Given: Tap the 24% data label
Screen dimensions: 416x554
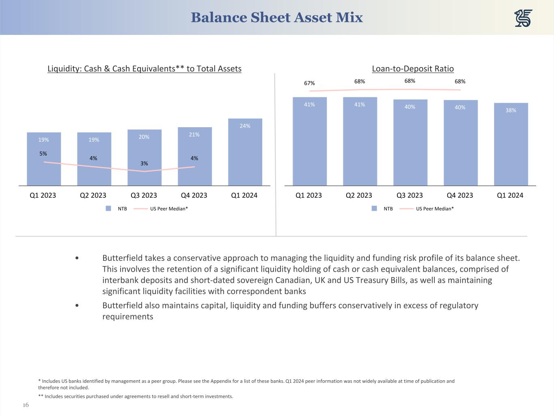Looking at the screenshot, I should click(x=245, y=126).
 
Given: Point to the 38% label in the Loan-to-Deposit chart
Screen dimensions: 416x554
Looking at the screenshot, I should click(x=511, y=110).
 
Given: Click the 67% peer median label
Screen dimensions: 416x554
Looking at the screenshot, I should click(x=309, y=83).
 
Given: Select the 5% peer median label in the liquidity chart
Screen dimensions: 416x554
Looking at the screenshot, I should click(x=43, y=154).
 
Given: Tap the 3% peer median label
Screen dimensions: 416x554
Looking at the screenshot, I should click(x=144, y=163).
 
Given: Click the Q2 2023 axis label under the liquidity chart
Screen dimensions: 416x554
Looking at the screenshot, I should click(x=93, y=195).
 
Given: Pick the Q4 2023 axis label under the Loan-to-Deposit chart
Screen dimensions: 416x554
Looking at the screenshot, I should click(x=460, y=195).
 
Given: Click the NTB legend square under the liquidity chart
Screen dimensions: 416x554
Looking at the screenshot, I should click(x=108, y=208).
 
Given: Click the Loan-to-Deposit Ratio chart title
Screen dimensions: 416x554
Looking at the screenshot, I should click(x=413, y=69).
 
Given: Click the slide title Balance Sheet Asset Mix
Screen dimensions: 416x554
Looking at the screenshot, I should click(x=277, y=17).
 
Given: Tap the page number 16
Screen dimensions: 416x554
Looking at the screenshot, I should click(x=26, y=405).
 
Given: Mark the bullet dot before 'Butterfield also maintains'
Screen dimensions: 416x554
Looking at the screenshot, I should click(x=77, y=305).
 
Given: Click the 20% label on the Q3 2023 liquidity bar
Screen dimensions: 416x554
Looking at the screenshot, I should click(x=144, y=137).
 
